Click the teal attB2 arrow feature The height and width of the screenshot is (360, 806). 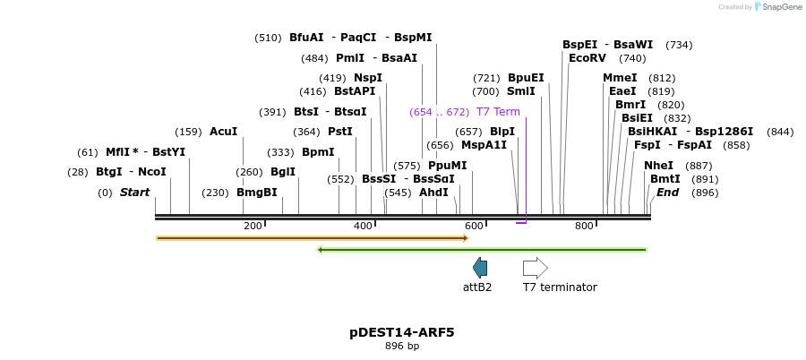click(x=480, y=267)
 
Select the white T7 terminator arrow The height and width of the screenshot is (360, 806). click(x=535, y=267)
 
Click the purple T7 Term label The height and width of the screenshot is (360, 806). click(x=497, y=112)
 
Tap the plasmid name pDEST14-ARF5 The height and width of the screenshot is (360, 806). click(x=402, y=332)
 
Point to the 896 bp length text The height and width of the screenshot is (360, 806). click(x=402, y=346)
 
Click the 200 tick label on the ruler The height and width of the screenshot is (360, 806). click(x=253, y=227)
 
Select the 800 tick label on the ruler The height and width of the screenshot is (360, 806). click(x=584, y=227)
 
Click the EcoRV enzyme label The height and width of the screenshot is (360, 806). click(x=587, y=58)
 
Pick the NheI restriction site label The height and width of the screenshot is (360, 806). click(x=658, y=166)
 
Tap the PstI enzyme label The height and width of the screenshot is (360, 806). click(x=340, y=132)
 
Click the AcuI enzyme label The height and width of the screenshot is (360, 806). click(x=223, y=132)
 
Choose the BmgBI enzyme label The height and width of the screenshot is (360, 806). click(x=257, y=193)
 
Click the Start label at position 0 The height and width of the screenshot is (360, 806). click(x=134, y=193)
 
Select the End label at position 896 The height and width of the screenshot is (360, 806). click(x=667, y=193)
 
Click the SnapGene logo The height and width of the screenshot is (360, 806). click(x=776, y=7)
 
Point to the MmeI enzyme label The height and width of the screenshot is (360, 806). click(x=620, y=78)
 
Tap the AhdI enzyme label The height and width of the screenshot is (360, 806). click(x=433, y=193)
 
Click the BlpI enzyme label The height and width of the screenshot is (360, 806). click(x=502, y=132)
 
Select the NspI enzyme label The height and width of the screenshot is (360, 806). click(x=368, y=78)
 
